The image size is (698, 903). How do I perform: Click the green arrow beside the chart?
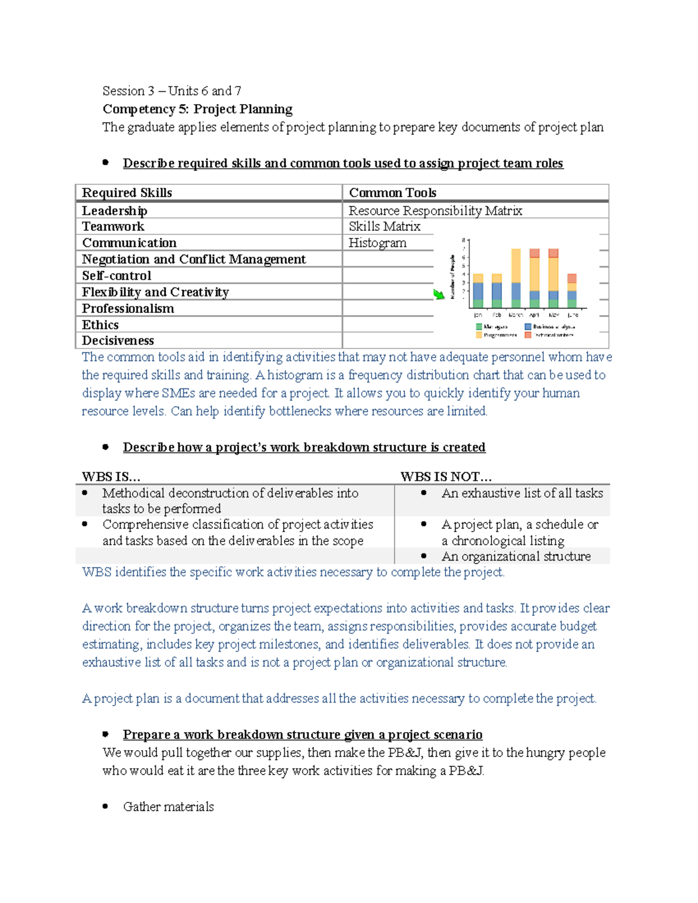[x=439, y=294]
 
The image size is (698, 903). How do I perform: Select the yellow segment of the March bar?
[x=516, y=265]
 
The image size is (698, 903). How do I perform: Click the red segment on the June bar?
[x=572, y=278]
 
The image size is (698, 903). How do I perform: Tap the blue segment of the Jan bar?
[x=478, y=291]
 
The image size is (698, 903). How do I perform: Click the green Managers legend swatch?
[x=479, y=327]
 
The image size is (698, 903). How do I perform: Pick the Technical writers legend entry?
[x=549, y=335]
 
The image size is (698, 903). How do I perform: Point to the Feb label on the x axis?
[x=497, y=315]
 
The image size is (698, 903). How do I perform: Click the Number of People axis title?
[x=453, y=277]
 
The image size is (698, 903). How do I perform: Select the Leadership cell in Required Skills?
[x=115, y=210]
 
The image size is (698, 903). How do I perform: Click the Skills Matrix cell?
[x=384, y=226]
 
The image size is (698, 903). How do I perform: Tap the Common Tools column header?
[x=393, y=192]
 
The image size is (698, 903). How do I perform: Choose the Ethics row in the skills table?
[x=100, y=324]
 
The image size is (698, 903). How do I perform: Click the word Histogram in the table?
[x=378, y=242]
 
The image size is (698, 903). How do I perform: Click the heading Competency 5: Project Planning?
[x=197, y=109]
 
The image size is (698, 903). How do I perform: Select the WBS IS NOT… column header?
[x=446, y=477]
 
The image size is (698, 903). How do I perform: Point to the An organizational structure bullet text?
[x=516, y=556]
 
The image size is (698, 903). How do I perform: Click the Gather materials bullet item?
[x=168, y=806]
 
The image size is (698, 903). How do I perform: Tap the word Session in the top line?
[x=123, y=91]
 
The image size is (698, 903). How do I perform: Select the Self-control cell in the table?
[x=116, y=276]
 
